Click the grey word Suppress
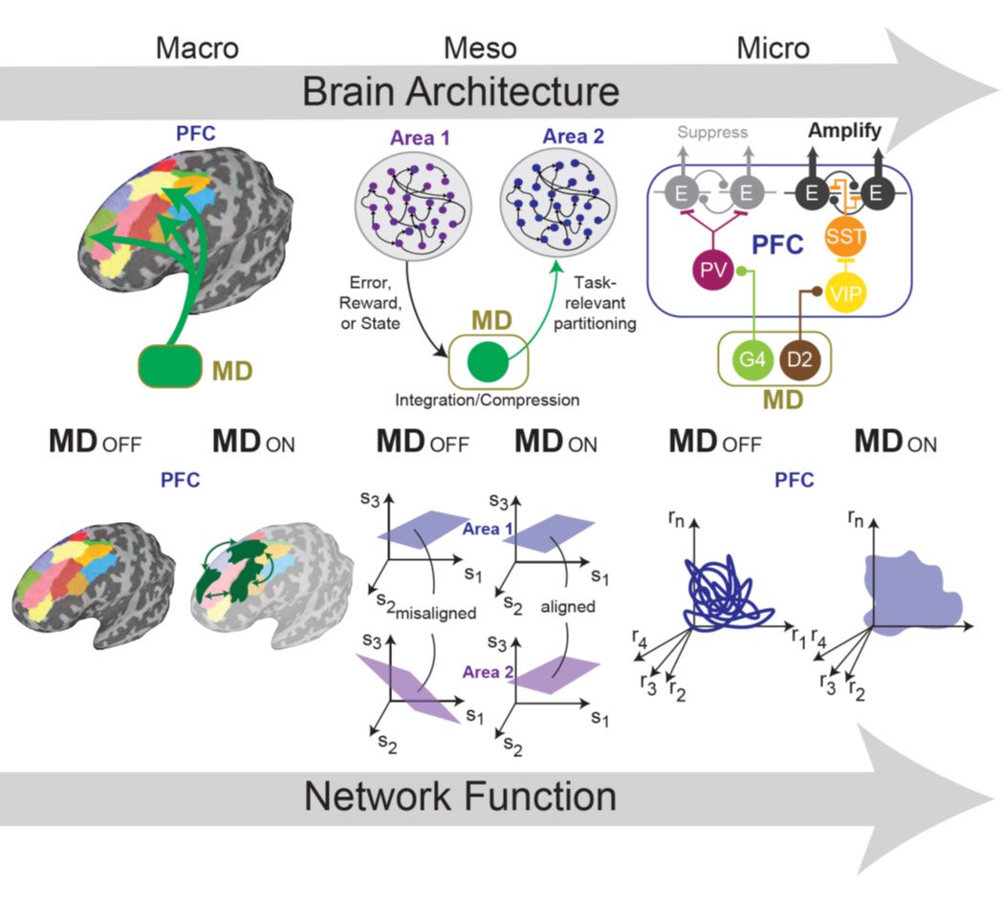711,132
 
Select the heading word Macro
198,48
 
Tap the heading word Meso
480,48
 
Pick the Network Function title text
460,795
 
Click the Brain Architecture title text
461,92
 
